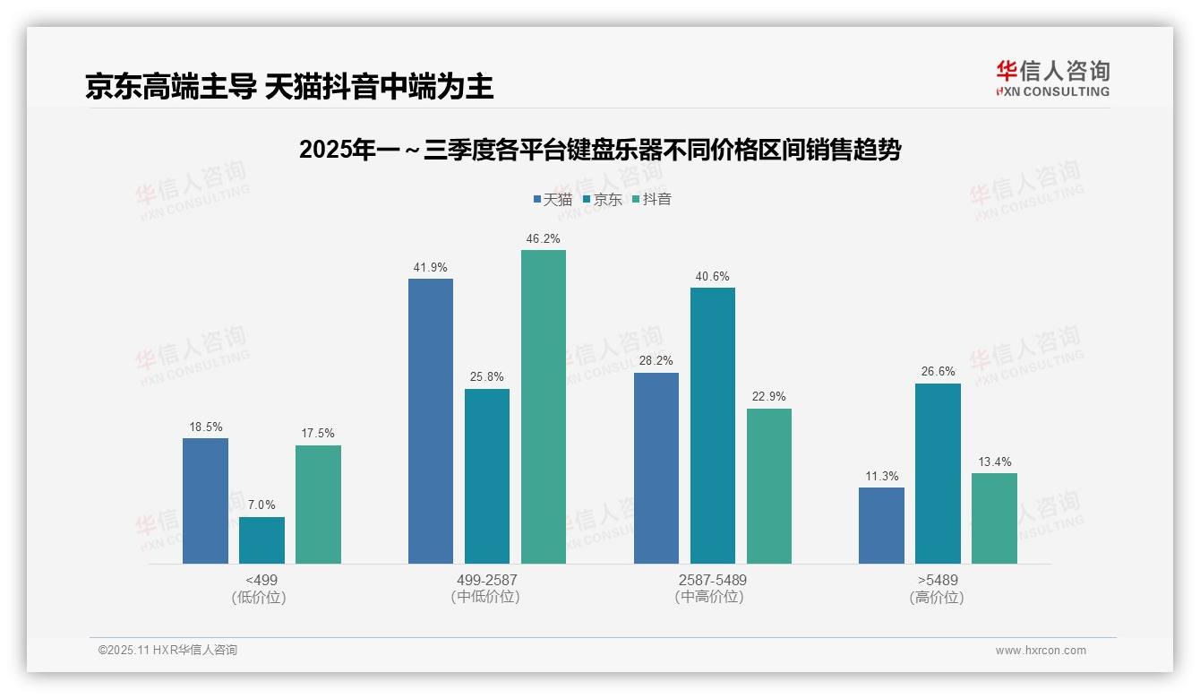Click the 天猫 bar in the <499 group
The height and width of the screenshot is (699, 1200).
[x=205, y=501]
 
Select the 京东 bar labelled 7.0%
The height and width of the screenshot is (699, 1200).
[x=261, y=540]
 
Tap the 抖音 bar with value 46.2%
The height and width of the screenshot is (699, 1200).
[x=544, y=407]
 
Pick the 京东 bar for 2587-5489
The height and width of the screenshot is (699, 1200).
[x=712, y=426]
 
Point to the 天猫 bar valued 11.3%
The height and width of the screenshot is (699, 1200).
[x=881, y=526]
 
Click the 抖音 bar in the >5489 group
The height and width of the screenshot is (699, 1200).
[x=994, y=519]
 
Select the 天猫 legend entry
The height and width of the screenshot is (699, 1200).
[x=553, y=199]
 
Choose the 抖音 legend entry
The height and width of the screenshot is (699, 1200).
[x=652, y=199]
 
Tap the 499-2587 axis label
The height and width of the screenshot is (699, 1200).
[x=486, y=580]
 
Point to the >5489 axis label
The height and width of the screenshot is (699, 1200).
[x=937, y=580]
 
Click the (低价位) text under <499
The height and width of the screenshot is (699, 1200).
[x=260, y=597]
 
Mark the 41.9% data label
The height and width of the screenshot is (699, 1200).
[x=431, y=267]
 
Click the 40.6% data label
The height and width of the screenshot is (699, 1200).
[x=712, y=276]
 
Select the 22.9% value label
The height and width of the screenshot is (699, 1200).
[x=768, y=396]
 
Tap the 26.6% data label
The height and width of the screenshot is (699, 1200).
[x=938, y=371]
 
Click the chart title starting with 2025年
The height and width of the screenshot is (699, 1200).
[x=599, y=150]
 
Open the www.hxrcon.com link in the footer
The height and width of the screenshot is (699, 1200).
[x=1040, y=650]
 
